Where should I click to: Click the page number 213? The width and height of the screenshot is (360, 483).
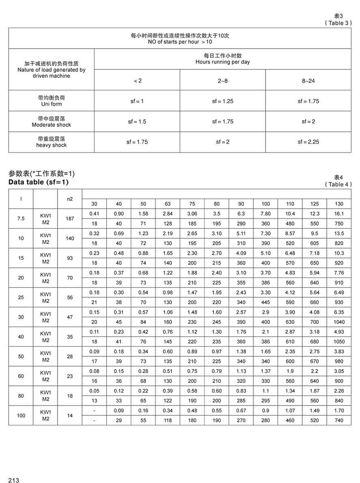(13, 480)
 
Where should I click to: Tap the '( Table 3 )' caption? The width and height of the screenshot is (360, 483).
(337, 23)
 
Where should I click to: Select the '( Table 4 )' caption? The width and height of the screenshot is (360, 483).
(337, 184)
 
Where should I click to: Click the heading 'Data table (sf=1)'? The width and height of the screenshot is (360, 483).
(39, 182)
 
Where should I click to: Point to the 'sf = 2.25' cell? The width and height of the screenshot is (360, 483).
(308, 142)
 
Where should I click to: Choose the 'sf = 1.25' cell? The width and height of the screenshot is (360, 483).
(223, 101)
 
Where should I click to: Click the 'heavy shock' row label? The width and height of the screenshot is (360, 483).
(51, 145)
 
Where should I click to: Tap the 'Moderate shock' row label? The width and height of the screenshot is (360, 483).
(51, 125)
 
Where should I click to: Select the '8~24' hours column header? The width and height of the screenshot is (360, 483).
(308, 81)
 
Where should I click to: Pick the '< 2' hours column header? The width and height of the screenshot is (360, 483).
(137, 81)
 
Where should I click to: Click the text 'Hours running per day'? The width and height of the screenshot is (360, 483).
(223, 62)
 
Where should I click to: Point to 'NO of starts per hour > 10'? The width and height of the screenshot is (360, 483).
(180, 42)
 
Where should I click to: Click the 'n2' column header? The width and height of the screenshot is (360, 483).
(70, 199)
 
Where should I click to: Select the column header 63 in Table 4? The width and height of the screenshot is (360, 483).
(167, 204)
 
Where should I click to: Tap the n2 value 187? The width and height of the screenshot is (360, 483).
(70, 219)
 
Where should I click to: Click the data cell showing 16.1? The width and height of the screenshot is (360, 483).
(339, 214)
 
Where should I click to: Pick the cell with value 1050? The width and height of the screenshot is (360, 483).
(339, 341)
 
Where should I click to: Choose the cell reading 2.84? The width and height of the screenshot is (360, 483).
(167, 214)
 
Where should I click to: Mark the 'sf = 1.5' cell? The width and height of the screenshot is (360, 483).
(137, 122)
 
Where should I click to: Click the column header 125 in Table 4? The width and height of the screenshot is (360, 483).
(315, 204)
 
